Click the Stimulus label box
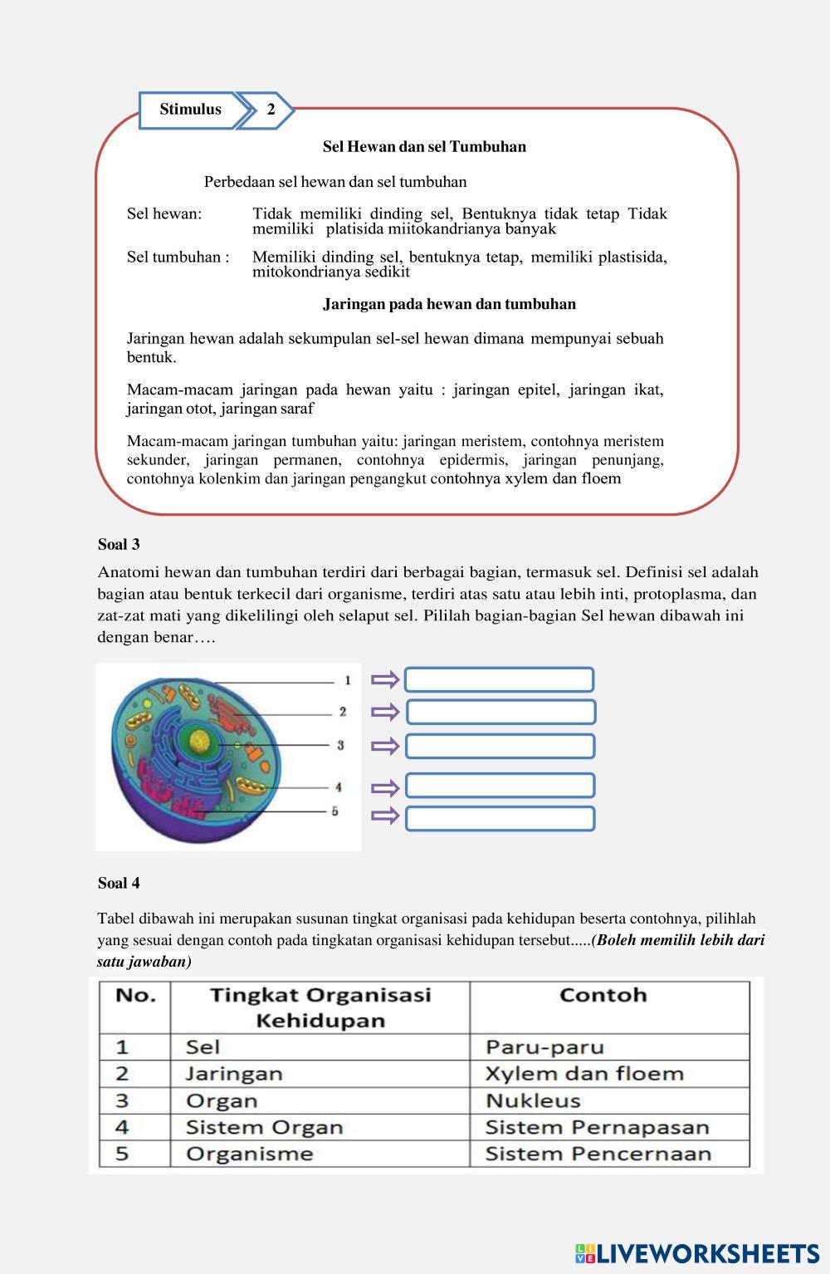(x=190, y=110)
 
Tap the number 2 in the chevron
(x=271, y=110)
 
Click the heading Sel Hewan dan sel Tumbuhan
(x=424, y=147)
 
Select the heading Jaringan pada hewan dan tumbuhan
(x=449, y=304)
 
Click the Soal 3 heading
(x=119, y=545)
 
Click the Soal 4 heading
(x=119, y=883)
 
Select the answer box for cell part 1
(x=499, y=680)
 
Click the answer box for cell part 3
(x=500, y=746)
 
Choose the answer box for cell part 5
(x=500, y=818)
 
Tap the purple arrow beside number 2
(x=385, y=712)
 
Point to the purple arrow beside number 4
(x=385, y=786)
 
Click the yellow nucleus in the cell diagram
(x=199, y=740)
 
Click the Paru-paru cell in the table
(x=608, y=1046)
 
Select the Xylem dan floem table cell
(x=608, y=1074)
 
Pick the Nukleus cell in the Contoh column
(x=608, y=1100)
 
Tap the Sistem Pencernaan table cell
(x=608, y=1154)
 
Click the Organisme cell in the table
(x=319, y=1154)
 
